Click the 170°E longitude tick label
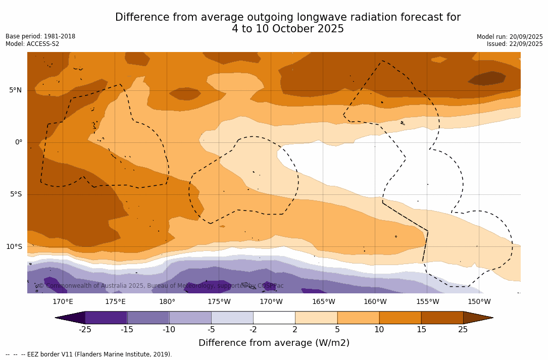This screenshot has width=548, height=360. [x=63, y=302]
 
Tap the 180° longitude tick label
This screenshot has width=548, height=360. [x=167, y=302]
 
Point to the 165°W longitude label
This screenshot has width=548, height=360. [x=323, y=302]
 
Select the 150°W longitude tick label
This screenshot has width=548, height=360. [x=479, y=302]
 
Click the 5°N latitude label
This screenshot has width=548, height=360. [x=15, y=90]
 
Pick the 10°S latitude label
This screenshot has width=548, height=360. [x=14, y=247]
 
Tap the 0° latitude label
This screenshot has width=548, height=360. [x=19, y=142]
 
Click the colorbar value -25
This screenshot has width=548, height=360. [x=85, y=330]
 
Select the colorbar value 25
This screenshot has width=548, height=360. [x=463, y=330]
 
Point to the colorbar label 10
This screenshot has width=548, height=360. [x=379, y=330]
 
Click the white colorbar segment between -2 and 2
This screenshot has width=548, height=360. [x=274, y=318]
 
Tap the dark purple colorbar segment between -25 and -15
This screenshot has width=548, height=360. [x=106, y=318]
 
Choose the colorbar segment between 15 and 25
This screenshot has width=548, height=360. [x=442, y=318]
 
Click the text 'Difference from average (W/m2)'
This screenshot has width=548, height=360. [x=274, y=343]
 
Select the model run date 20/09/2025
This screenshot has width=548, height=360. [x=526, y=37]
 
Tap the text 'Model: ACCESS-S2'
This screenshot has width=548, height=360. [x=32, y=44]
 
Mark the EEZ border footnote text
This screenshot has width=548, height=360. [x=88, y=354]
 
